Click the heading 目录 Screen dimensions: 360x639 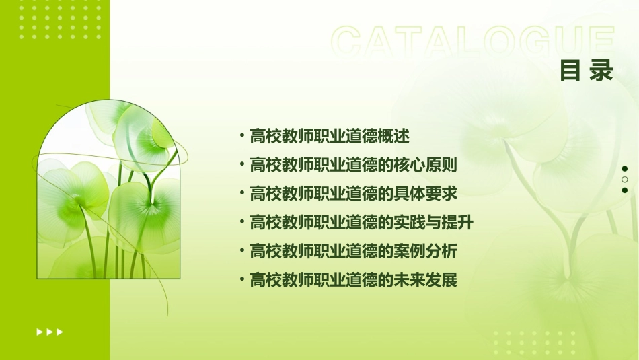(587, 70)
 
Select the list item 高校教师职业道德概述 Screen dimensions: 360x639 (329, 136)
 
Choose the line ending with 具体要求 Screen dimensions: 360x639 (353, 194)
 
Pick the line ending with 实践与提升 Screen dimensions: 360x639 (361, 223)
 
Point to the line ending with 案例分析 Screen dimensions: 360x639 (353, 252)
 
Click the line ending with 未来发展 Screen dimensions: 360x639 (353, 280)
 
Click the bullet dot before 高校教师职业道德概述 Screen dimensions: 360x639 (241, 136)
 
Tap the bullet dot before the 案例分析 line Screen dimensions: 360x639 (241, 252)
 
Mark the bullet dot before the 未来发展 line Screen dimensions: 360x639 (241, 280)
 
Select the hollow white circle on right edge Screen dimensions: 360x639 (625, 179)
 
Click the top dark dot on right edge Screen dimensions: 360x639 (625, 168)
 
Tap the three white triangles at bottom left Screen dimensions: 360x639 (49, 332)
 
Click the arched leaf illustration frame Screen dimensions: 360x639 (108, 190)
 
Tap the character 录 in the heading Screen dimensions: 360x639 (601, 70)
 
